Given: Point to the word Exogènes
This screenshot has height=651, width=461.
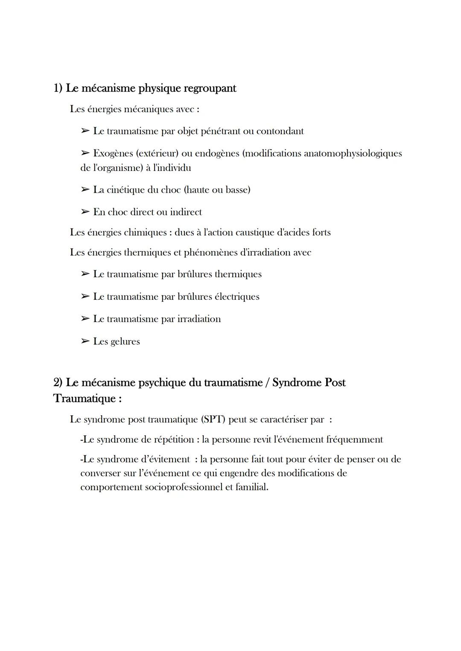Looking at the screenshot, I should coord(112,153).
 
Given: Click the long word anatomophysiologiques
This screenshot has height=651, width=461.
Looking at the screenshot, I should coord(353,153).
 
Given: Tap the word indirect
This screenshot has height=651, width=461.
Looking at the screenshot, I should coord(186,212).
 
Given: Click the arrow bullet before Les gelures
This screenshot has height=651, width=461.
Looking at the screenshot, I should coord(85,341).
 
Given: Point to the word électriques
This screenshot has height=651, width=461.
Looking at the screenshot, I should coord(236,297).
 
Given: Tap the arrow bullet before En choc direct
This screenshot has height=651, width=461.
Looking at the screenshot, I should coord(85,212).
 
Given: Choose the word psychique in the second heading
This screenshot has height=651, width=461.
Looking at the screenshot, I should coord(162,383).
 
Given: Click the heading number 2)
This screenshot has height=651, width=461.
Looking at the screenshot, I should coord(58,383).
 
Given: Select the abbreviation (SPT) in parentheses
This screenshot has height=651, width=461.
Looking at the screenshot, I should coord(213,420).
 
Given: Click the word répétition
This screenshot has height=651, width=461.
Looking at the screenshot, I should coord(173,440).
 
